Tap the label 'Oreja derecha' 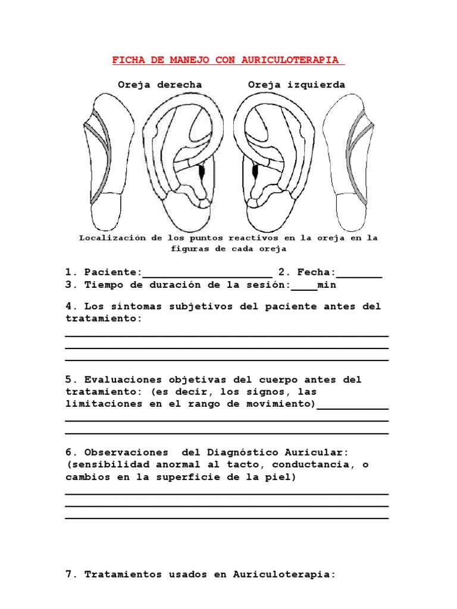point(159,84)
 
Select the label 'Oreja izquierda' point(296,84)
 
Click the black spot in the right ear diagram point(201,171)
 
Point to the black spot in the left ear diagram point(256,171)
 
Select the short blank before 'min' point(304,288)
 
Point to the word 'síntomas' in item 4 point(133,306)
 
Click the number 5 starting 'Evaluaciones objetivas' point(68,379)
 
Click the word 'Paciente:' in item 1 point(113,272)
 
